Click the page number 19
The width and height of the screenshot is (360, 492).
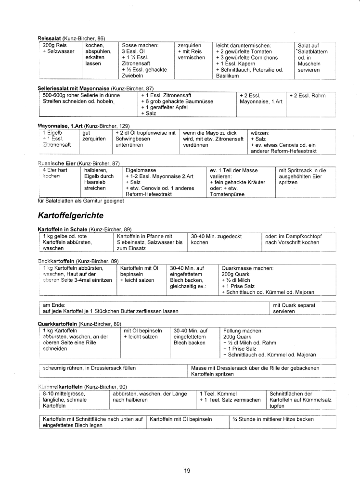[x=187, y=470]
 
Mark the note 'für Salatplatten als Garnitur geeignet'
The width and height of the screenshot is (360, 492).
[x=80, y=200]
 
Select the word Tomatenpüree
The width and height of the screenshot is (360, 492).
[x=227, y=194]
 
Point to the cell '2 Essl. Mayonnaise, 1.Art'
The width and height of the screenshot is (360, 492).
[x=260, y=99]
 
